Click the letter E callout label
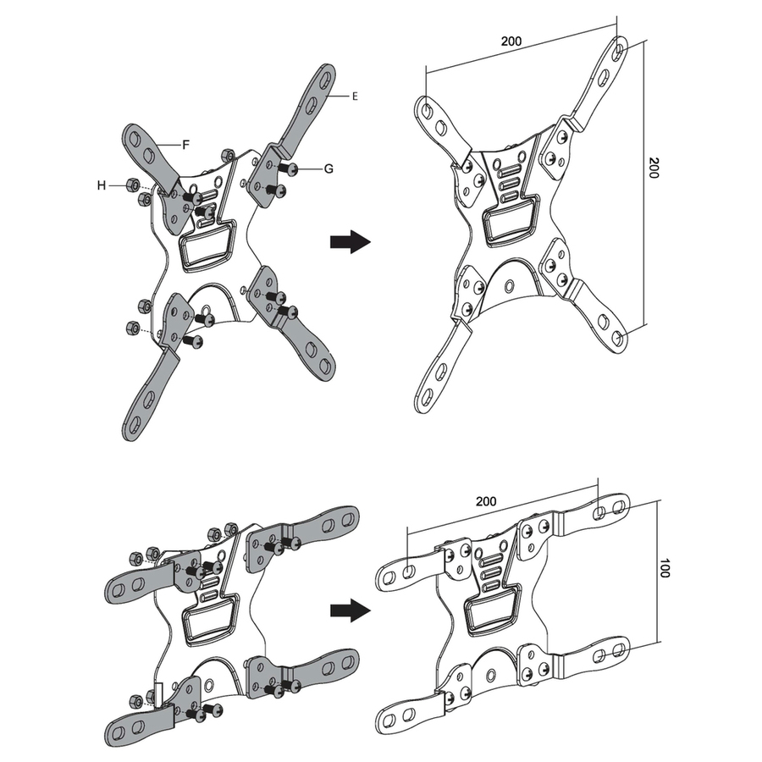tap(355, 97)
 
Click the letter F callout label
tap(185, 144)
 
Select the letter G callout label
tap(329, 168)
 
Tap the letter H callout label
tap(102, 185)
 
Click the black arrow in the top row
tap(351, 241)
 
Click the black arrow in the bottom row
tap(351, 610)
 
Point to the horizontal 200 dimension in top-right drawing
tap(511, 41)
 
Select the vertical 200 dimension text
tap(654, 168)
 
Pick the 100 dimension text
tap(665, 568)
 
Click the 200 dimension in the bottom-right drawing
tap(486, 501)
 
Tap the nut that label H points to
tap(132, 185)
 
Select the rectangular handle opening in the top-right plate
tap(511, 222)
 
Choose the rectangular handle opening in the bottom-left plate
tap(210, 621)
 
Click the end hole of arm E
tap(328, 79)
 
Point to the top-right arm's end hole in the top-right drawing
tap(620, 50)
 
